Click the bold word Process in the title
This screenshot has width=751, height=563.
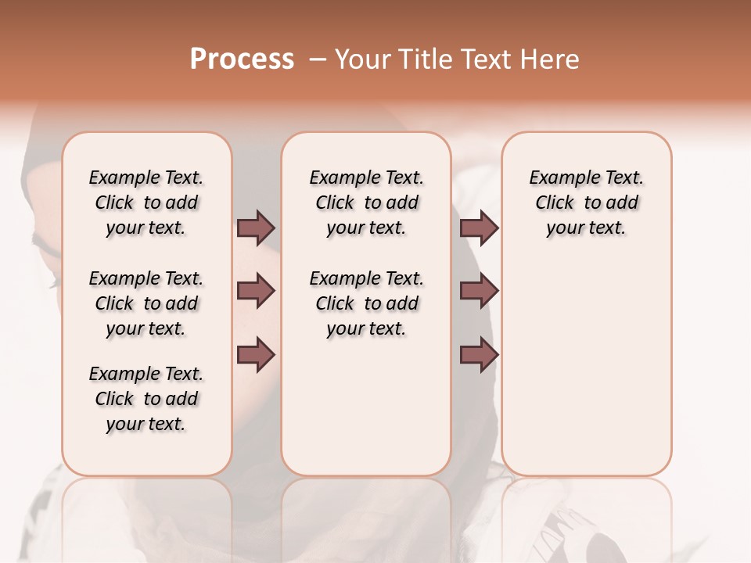tap(242, 59)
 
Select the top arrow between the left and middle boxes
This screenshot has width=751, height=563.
tap(256, 228)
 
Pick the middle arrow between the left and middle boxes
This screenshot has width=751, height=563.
tap(256, 291)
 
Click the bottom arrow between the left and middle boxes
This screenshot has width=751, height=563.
tap(256, 355)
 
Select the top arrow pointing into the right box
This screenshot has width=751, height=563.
tap(479, 228)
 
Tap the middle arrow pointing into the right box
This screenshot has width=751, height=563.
tap(479, 291)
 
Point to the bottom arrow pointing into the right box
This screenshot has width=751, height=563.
tap(479, 355)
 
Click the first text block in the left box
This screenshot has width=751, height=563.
tap(146, 203)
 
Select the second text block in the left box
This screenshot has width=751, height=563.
tap(146, 303)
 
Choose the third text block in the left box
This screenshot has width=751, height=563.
tap(146, 399)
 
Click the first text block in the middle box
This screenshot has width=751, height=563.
tap(366, 203)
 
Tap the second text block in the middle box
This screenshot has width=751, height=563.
tap(366, 303)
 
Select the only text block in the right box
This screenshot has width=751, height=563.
tap(586, 203)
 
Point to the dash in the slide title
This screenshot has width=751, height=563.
tap(318, 59)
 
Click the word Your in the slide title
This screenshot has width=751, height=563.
tap(363, 59)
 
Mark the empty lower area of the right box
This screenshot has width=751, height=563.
tap(586, 368)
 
